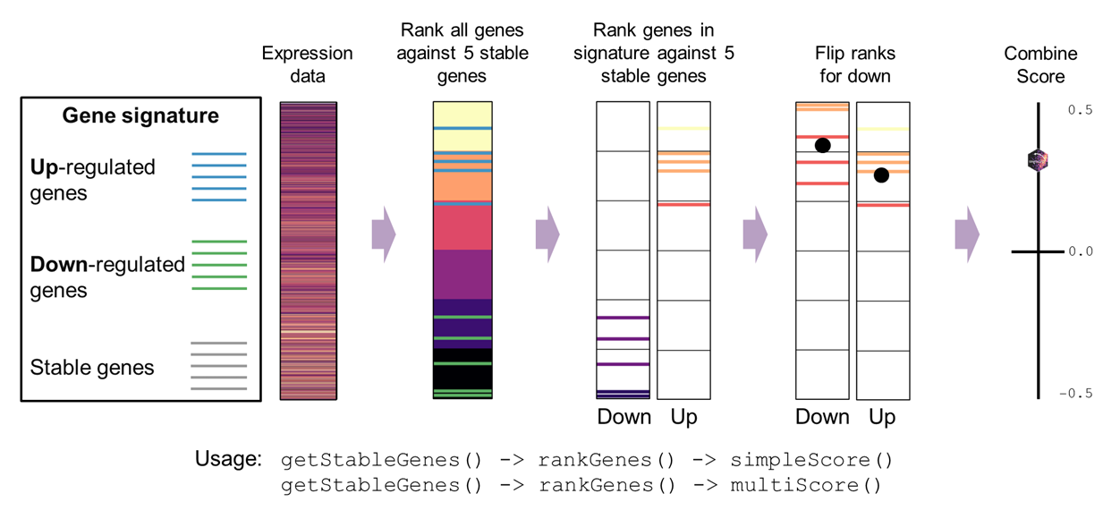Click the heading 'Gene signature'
[x=140, y=116]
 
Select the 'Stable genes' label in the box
[x=92, y=368]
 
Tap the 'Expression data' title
[x=307, y=64]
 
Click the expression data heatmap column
[x=308, y=251]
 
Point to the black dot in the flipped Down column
[x=823, y=145]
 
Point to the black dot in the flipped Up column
[x=881, y=175]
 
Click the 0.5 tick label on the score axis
[x=1080, y=110]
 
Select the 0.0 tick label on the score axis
[x=1080, y=251]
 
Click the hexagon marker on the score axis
[x=1038, y=160]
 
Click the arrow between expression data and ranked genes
[x=383, y=234]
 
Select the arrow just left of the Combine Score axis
[x=967, y=234]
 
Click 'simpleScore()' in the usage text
[x=811, y=461]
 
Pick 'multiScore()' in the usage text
[x=806, y=486]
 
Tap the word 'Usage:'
[x=228, y=460]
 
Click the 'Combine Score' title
[x=1040, y=64]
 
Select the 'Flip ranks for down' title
[x=853, y=64]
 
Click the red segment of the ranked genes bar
[x=462, y=228]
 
